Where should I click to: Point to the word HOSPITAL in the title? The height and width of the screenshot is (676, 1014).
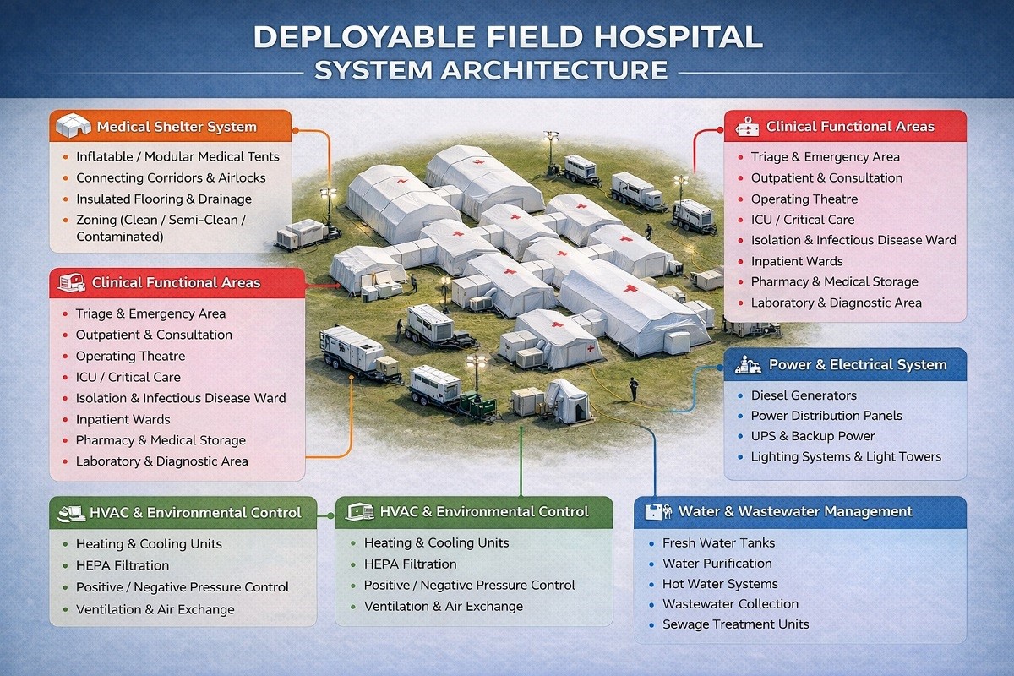pyautogui.click(x=679, y=37)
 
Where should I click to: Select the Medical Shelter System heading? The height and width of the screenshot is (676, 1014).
pyautogui.click(x=177, y=127)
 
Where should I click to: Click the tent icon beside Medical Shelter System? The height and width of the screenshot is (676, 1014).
pyautogui.click(x=73, y=125)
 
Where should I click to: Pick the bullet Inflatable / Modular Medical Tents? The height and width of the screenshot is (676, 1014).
pyautogui.click(x=177, y=156)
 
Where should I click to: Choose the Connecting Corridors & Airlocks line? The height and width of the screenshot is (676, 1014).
pyautogui.click(x=171, y=178)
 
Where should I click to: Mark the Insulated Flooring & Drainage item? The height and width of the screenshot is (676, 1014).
pyautogui.click(x=164, y=199)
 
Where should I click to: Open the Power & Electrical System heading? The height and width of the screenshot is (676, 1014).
pyautogui.click(x=858, y=364)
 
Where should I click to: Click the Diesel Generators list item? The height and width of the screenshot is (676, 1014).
pyautogui.click(x=804, y=395)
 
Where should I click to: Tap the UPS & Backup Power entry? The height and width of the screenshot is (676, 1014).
pyautogui.click(x=813, y=436)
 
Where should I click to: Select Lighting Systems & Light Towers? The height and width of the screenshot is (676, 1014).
pyautogui.click(x=846, y=456)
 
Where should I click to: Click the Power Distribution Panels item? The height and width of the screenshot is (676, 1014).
pyautogui.click(x=826, y=416)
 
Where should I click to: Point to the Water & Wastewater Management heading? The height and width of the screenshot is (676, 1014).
pyautogui.click(x=795, y=511)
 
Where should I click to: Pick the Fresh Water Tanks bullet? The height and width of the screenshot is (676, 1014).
pyautogui.click(x=718, y=542)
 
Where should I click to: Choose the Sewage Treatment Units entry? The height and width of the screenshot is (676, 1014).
pyautogui.click(x=736, y=624)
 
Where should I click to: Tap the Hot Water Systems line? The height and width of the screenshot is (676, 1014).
pyautogui.click(x=720, y=584)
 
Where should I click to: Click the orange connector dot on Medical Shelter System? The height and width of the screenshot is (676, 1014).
pyautogui.click(x=295, y=130)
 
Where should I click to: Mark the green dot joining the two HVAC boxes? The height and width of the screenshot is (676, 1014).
pyautogui.click(x=330, y=515)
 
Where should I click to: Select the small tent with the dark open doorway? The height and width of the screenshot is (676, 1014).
pyautogui.click(x=567, y=401)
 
